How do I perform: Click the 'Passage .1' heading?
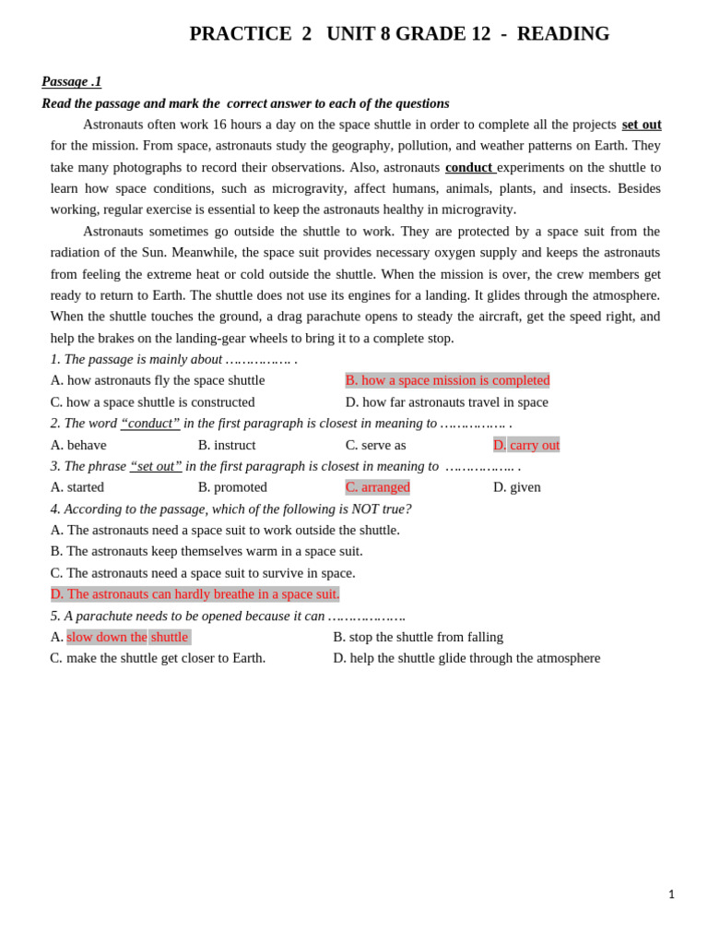[71, 81]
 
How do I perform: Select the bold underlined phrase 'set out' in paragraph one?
[641, 125]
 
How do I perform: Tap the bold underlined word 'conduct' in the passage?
[469, 167]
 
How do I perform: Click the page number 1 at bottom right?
[671, 894]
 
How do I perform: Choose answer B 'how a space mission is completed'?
[447, 380]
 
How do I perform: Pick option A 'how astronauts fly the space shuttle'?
[158, 380]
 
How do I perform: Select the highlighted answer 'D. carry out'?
[526, 445]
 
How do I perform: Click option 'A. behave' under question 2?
[78, 445]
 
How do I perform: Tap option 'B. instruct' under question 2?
[227, 445]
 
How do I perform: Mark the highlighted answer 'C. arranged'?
[378, 487]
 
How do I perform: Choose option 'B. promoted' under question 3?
[232, 487]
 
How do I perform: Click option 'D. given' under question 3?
[517, 487]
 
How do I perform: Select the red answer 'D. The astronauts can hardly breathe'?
[195, 593]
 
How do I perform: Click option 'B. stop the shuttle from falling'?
[418, 637]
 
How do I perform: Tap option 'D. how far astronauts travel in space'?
[447, 402]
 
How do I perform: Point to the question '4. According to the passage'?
[230, 508]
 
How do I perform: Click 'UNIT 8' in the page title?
[358, 34]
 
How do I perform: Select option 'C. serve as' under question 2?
[375, 445]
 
